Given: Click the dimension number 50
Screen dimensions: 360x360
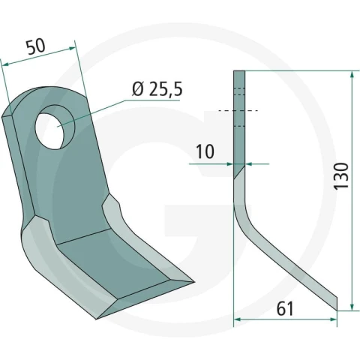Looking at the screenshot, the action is tap(37, 46).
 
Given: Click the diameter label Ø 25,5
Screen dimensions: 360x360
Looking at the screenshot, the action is tap(157, 89).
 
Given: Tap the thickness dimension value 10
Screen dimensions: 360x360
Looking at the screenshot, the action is tap(205, 151).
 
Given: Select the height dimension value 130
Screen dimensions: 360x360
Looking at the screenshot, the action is tap(341, 175).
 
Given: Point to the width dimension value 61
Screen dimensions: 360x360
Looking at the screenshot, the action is tap(285, 309).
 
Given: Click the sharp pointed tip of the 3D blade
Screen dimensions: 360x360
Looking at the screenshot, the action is tap(193, 282).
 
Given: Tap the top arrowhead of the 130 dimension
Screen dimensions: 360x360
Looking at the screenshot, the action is tap(352, 75).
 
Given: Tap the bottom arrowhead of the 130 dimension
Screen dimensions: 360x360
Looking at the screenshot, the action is tap(352, 307).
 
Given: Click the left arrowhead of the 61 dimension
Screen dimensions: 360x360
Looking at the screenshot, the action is tap(238, 319).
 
